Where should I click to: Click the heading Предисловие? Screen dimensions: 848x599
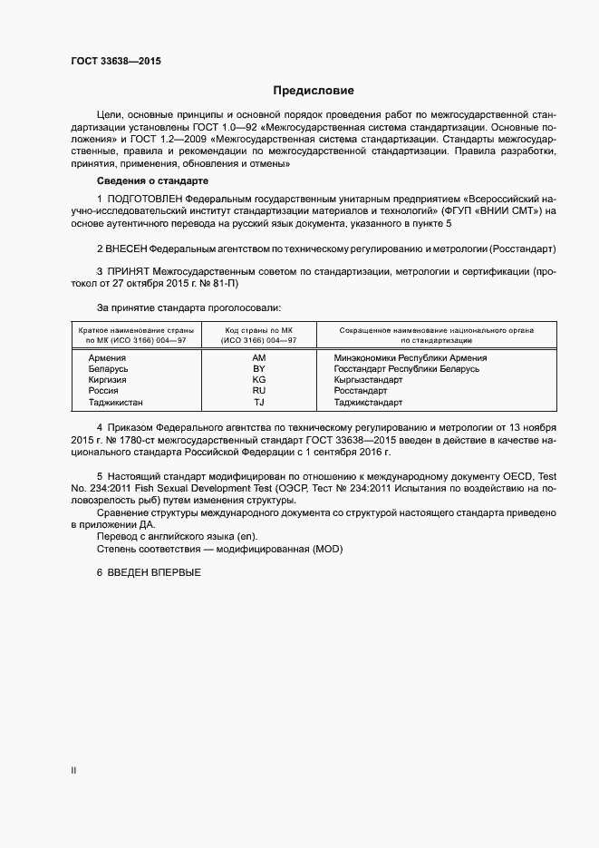coord(314,91)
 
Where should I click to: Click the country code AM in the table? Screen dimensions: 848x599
coord(258,357)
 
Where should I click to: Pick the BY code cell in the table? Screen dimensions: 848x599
coord(258,369)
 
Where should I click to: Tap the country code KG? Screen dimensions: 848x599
coord(258,380)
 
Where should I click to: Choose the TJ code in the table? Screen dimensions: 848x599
coord(258,402)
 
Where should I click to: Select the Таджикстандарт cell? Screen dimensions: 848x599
coord(368,402)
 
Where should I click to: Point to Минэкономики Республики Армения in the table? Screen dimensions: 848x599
coord(411,357)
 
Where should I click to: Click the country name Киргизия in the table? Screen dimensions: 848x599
coord(107,380)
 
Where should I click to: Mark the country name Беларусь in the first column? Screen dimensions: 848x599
coord(108,369)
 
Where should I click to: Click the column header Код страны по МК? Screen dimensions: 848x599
coord(258,330)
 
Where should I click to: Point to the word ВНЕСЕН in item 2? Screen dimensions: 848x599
coord(127,248)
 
